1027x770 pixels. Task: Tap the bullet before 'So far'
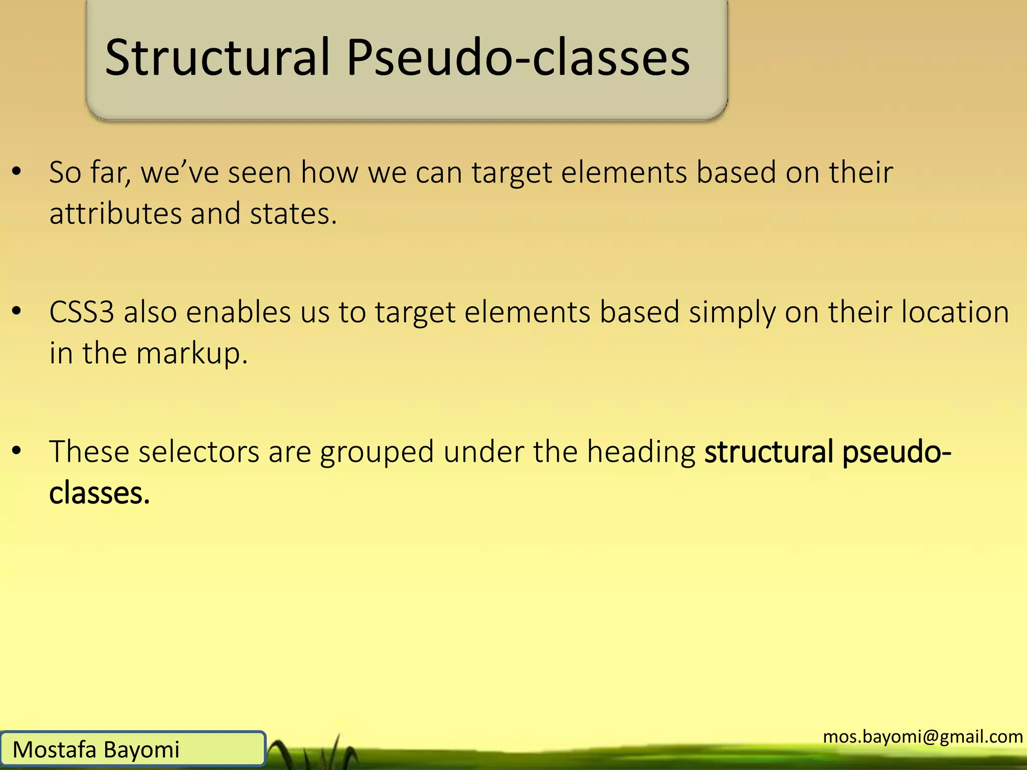coord(17,172)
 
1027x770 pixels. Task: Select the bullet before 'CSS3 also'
coord(17,311)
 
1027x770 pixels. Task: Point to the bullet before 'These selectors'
coord(17,451)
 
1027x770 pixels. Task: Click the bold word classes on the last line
coord(99,493)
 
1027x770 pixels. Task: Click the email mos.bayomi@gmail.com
coord(923,736)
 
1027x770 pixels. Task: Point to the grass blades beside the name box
coord(321,752)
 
